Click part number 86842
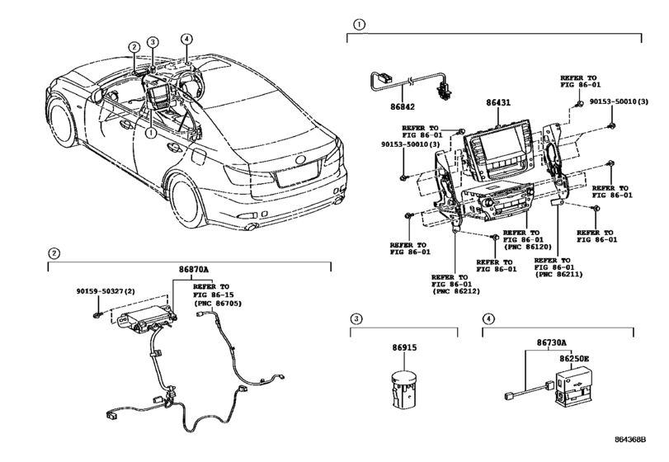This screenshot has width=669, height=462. (x=403, y=106)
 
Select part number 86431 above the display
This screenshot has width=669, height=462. (x=498, y=103)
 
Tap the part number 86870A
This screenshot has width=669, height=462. (x=194, y=270)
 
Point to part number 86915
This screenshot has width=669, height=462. (x=404, y=347)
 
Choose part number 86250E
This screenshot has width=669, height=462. (x=574, y=359)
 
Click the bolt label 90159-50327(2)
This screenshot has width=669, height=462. (x=106, y=291)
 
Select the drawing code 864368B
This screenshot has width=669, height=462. (x=630, y=440)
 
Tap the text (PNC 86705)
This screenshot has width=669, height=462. (x=217, y=304)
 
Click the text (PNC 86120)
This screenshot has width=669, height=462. (x=527, y=247)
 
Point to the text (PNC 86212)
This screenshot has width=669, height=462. (x=455, y=291)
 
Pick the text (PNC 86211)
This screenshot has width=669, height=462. (x=558, y=274)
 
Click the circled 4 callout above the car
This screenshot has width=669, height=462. (x=186, y=39)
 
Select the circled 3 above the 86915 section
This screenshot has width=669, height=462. (x=356, y=318)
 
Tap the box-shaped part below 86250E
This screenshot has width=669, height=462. (x=573, y=387)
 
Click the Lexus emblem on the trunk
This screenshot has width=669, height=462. (x=301, y=160)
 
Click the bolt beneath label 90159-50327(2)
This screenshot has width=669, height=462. (x=97, y=315)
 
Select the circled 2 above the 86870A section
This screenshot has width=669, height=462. (x=54, y=253)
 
